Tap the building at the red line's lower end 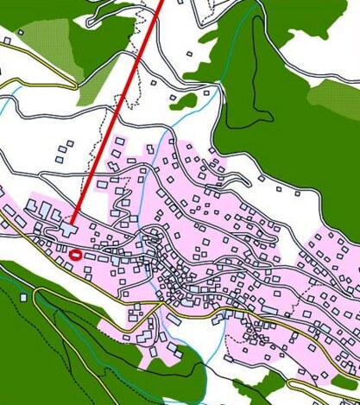[x=68, y=229]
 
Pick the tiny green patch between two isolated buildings [x=184, y=101]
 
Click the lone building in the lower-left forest [x=23, y=297]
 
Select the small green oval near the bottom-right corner [x=344, y=381]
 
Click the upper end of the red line [x=161, y=3]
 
